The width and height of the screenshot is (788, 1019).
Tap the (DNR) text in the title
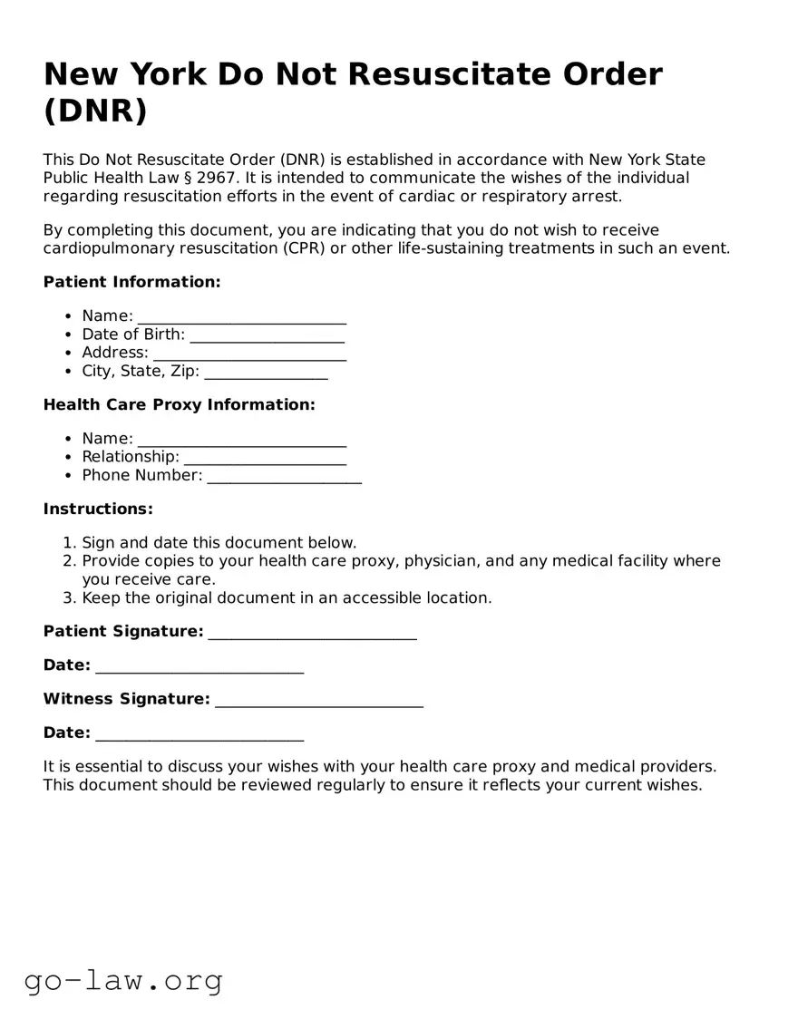(x=94, y=111)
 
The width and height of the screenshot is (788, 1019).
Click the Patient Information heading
(x=131, y=282)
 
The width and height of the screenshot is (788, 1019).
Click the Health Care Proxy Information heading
(x=179, y=404)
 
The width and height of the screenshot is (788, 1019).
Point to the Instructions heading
(x=98, y=509)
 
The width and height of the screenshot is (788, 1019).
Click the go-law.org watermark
(x=123, y=980)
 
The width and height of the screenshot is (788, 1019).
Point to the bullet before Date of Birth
(x=69, y=335)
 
